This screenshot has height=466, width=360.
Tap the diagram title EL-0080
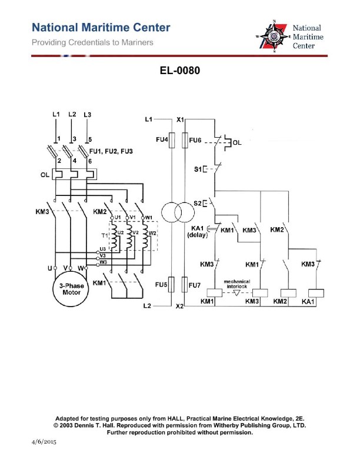coord(180,71)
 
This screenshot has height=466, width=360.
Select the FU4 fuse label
coord(162,140)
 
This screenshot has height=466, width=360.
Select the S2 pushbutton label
coord(198,204)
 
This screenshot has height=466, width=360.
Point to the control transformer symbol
coord(177,212)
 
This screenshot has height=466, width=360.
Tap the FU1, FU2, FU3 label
coord(110,151)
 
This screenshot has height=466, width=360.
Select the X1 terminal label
coord(181,119)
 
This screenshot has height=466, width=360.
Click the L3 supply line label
coord(88,114)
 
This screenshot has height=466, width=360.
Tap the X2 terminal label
coord(181,307)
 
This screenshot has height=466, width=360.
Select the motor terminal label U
coord(51,268)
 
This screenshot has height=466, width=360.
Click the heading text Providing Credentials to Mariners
coord(92,42)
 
